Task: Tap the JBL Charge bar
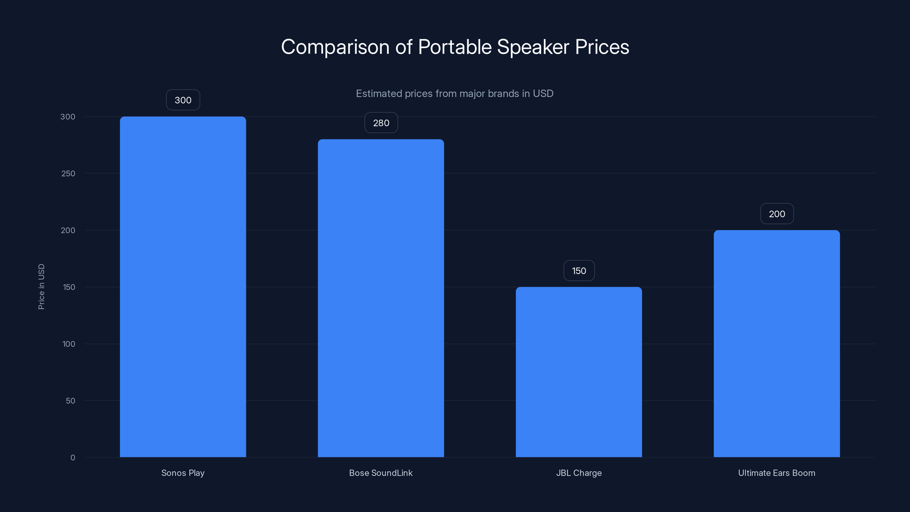pos(579,372)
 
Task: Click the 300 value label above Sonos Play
pos(183,100)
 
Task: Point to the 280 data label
pos(381,123)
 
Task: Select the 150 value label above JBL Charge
pos(579,271)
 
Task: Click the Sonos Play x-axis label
pos(183,473)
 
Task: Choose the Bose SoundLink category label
pos(381,473)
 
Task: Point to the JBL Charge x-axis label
pos(579,473)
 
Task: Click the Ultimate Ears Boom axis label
pos(776,473)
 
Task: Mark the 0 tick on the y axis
pos(73,458)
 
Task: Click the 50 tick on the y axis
pos(70,401)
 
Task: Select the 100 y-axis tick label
pos(69,344)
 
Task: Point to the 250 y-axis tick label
pos(68,174)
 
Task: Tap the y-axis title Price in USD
pos(41,286)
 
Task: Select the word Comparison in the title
pos(335,47)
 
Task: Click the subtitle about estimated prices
pos(455,94)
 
